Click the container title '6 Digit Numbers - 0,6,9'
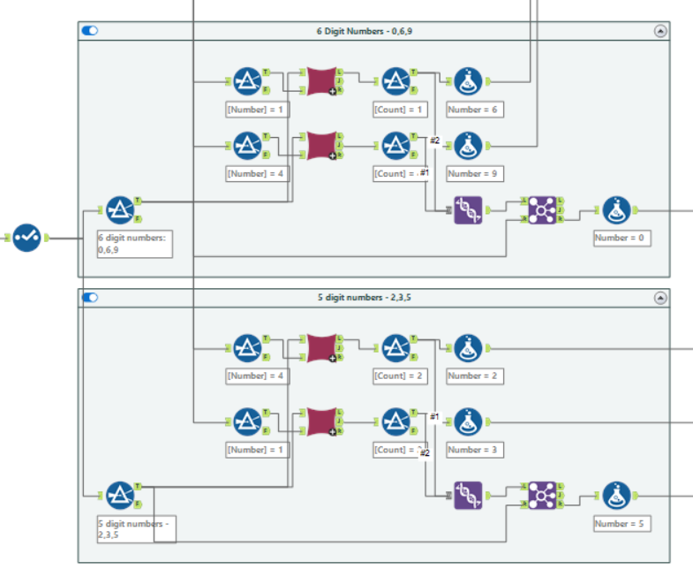point(365,30)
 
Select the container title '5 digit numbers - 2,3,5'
point(365,298)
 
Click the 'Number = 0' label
point(622,238)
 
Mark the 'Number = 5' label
point(622,523)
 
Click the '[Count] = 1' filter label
point(400,110)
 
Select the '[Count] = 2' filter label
point(400,376)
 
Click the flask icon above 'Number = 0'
point(616,210)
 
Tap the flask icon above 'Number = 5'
point(616,496)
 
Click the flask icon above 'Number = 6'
point(468,81)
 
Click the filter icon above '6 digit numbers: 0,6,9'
point(119,210)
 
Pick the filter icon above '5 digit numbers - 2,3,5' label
point(119,496)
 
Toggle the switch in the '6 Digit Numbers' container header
point(90,30)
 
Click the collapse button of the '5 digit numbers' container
point(659,298)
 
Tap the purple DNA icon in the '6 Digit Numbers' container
point(469,210)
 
